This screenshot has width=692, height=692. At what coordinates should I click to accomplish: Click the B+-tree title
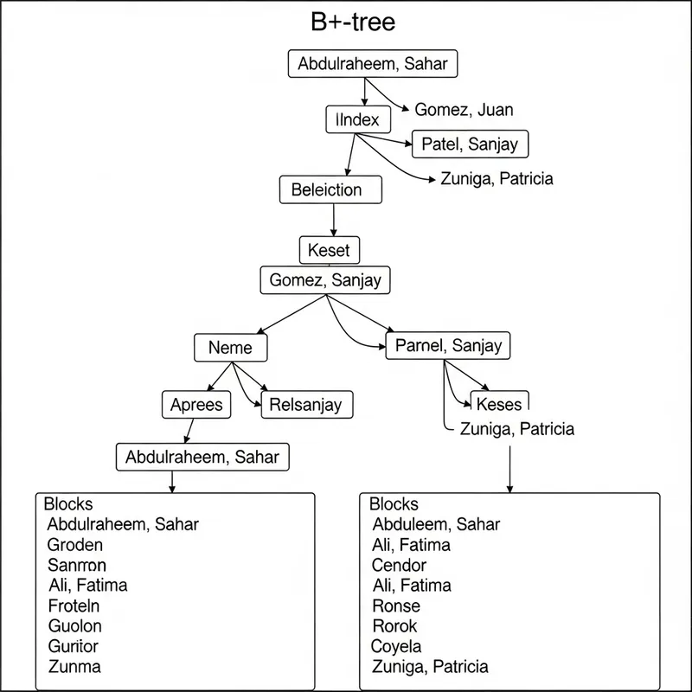pyautogui.click(x=352, y=22)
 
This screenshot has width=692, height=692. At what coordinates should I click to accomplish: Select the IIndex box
pyautogui.click(x=357, y=120)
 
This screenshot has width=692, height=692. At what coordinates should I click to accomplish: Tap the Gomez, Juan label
pyautogui.click(x=464, y=110)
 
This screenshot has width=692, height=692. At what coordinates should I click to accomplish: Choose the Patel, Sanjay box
pyautogui.click(x=470, y=144)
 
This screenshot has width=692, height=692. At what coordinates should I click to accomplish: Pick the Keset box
pyautogui.click(x=329, y=250)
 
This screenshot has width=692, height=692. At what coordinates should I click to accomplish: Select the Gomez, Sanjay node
pyautogui.click(x=325, y=280)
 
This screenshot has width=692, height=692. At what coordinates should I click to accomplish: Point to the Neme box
pyautogui.click(x=230, y=348)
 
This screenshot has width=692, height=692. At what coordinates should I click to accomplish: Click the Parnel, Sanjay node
pyautogui.click(x=448, y=346)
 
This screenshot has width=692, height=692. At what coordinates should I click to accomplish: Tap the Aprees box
pyautogui.click(x=196, y=404)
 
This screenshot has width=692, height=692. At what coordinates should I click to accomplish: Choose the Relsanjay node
pyautogui.click(x=306, y=404)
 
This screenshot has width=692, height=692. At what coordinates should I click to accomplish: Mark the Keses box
pyautogui.click(x=499, y=404)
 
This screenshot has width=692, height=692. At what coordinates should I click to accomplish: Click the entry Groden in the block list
pyautogui.click(x=75, y=545)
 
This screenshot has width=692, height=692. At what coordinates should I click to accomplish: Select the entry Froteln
pyautogui.click(x=74, y=605)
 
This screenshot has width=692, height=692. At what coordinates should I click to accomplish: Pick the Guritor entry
pyautogui.click(x=74, y=646)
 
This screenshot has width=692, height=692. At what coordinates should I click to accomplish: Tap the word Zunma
pyautogui.click(x=74, y=667)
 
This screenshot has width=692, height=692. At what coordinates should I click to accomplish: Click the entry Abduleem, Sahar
pyautogui.click(x=436, y=524)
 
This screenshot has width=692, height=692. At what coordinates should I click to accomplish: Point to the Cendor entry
pyautogui.click(x=400, y=565)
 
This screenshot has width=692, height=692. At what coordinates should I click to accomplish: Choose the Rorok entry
pyautogui.click(x=394, y=625)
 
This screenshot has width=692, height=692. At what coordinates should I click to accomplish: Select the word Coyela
pyautogui.click(x=396, y=646)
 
